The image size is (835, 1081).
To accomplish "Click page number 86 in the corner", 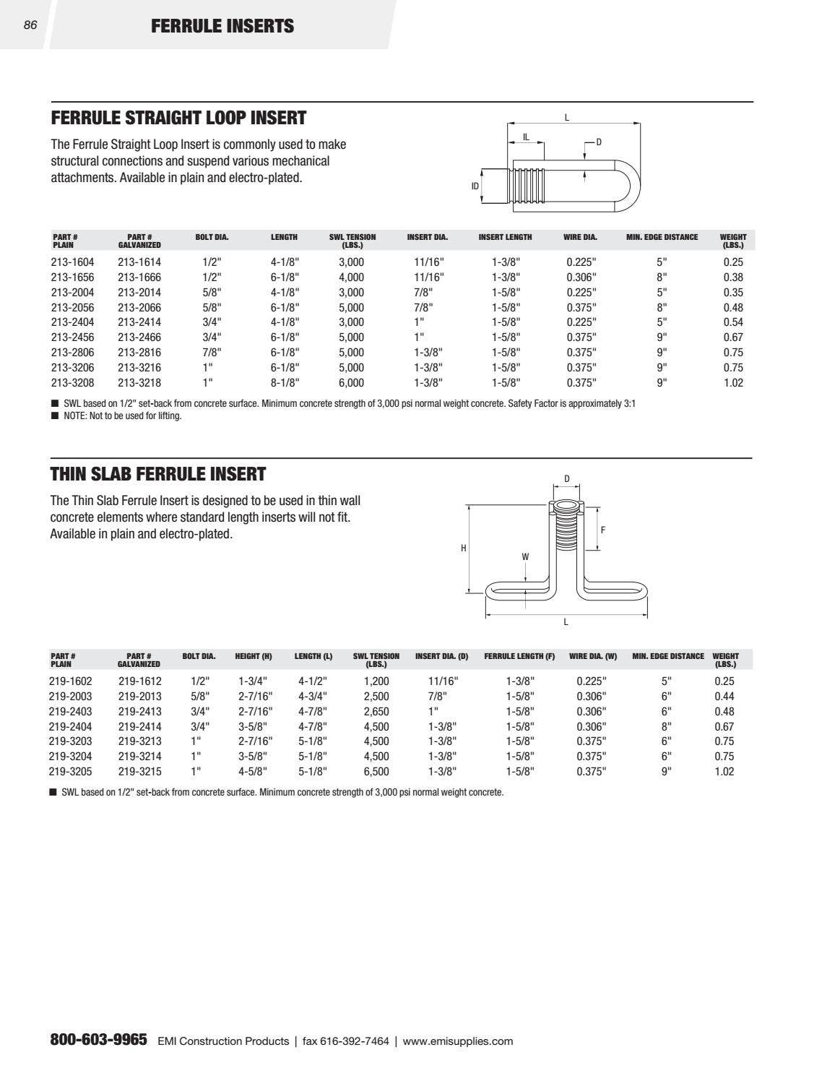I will click(x=30, y=25).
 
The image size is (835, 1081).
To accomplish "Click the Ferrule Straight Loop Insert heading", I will click(x=178, y=118).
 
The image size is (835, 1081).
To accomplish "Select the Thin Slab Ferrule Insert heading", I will click(x=158, y=474).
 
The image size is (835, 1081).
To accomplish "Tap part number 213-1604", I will click(x=72, y=262).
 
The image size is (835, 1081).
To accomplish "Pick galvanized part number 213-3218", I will click(x=139, y=383).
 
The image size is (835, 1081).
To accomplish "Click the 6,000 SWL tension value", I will click(x=351, y=383).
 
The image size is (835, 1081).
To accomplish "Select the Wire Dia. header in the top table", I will click(x=580, y=237).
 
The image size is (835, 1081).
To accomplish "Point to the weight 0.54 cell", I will click(x=733, y=322).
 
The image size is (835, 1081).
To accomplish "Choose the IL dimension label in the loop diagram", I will click(x=526, y=137).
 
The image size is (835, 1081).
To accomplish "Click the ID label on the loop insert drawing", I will click(x=475, y=186).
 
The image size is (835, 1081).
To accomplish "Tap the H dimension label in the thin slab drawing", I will click(x=464, y=548).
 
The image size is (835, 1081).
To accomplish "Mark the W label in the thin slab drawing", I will click(x=525, y=557).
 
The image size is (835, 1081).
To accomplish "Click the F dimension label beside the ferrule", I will click(x=603, y=530).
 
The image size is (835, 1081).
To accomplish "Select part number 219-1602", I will click(x=70, y=681).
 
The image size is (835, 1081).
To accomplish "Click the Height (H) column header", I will click(x=254, y=657).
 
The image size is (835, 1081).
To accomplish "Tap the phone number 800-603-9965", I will click(x=99, y=1041).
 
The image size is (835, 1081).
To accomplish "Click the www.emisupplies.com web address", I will click(x=458, y=1041).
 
